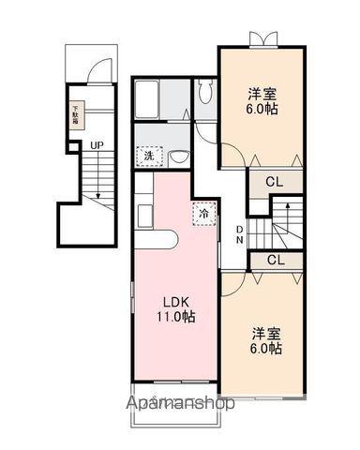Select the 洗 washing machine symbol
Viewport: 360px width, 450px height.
[149, 156]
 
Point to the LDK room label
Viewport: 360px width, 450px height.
[176, 302]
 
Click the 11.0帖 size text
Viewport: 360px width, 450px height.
[176, 318]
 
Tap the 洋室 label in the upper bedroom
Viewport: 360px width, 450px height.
[262, 93]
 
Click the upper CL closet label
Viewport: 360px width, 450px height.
[275, 182]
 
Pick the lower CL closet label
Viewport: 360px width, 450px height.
[276, 260]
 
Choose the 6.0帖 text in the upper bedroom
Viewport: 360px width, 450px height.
[262, 109]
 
